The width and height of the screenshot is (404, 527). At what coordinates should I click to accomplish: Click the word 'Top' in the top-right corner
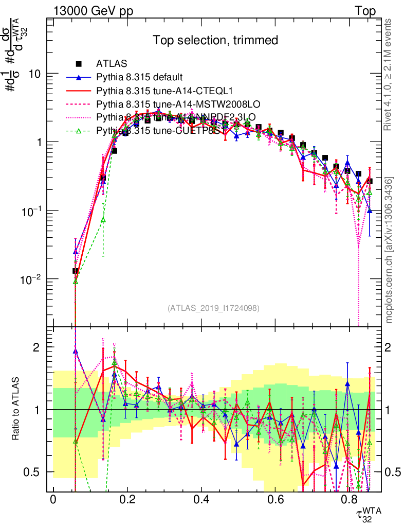coord(365,11)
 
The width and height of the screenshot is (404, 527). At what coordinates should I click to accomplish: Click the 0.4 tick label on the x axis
coord(201,500)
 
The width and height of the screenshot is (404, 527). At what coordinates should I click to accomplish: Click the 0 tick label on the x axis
coord(53,500)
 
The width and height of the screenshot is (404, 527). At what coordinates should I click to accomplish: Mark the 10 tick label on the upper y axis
coord(35,74)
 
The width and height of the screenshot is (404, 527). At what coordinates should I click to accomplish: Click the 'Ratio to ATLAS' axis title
coord(17,409)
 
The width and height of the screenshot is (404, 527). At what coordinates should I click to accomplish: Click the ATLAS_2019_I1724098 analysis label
coord(213,309)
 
